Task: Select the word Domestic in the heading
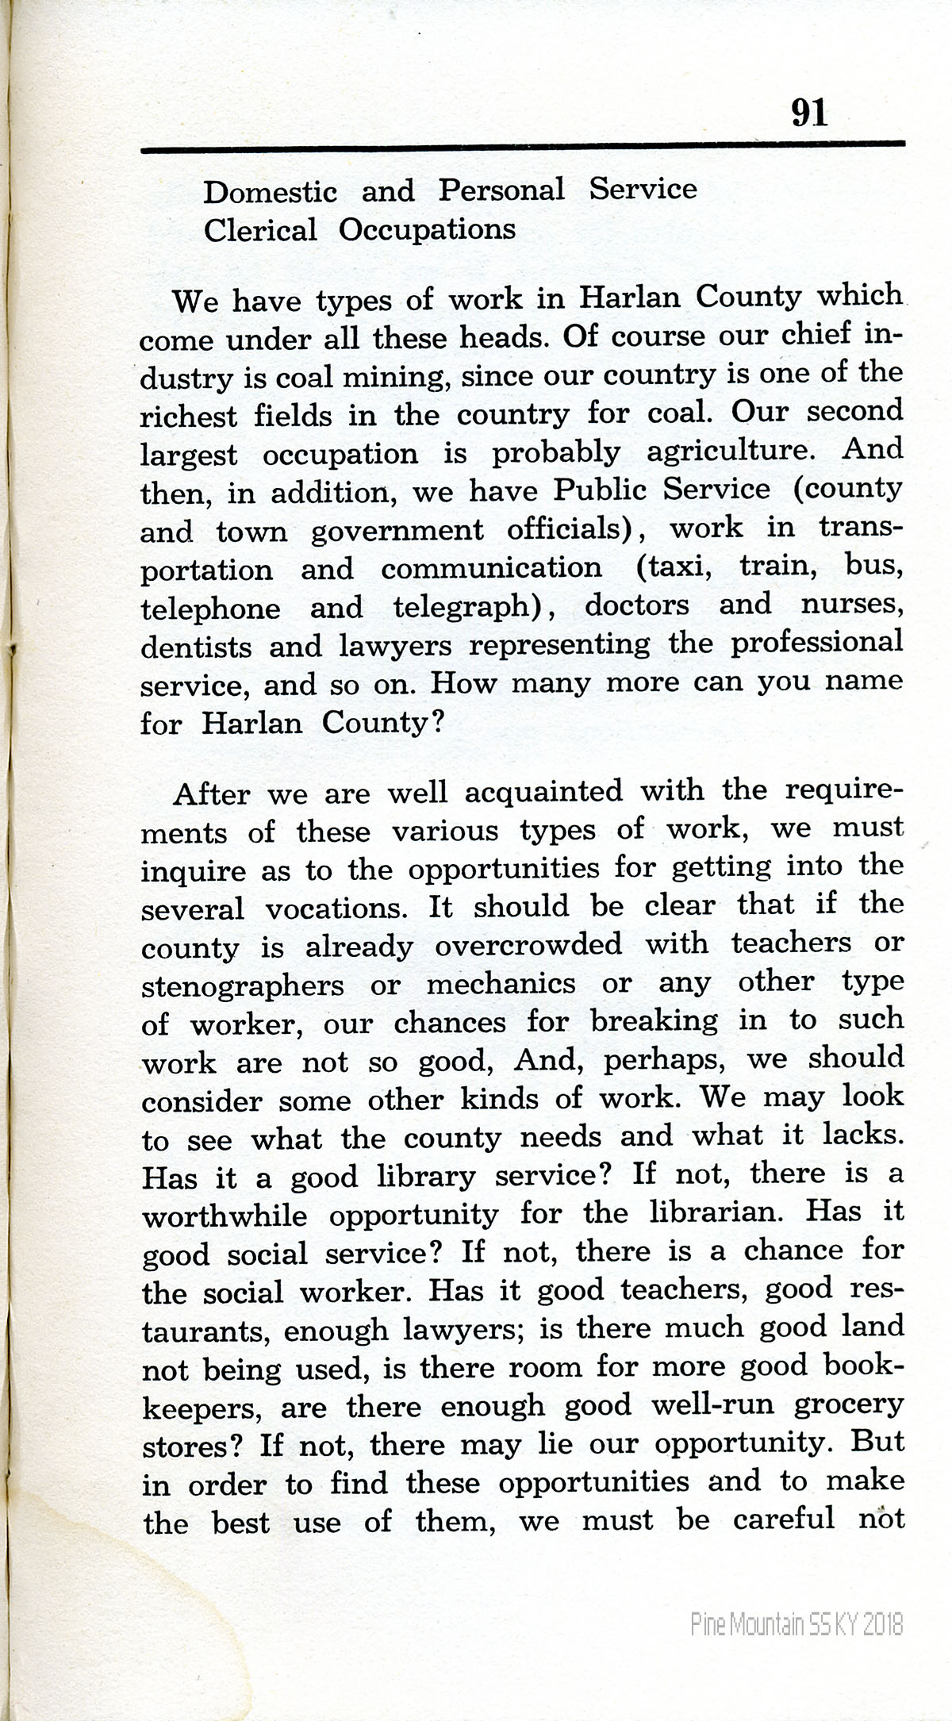(270, 192)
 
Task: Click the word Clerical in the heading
(259, 231)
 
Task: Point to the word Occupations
(427, 230)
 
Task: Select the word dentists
(195, 646)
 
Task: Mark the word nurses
(852, 605)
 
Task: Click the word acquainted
(543, 792)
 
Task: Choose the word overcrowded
(528, 944)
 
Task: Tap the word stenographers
(242, 986)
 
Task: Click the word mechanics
(501, 984)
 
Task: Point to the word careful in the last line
(783, 1519)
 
